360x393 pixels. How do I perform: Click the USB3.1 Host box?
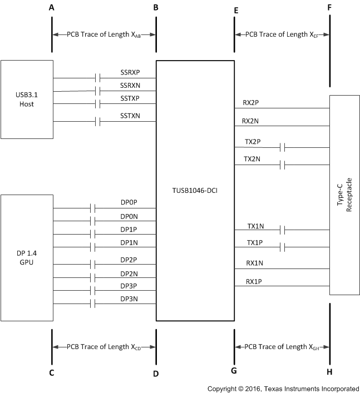(x=27, y=99)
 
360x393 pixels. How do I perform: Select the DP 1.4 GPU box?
(x=27, y=257)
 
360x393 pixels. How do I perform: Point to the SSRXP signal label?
(x=130, y=73)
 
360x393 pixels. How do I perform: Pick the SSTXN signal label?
(x=130, y=116)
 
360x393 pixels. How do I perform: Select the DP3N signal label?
(x=129, y=299)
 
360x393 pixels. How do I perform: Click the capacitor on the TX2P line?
(x=283, y=147)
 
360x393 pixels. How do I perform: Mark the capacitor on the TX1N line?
(x=283, y=229)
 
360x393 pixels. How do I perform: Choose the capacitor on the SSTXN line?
(x=98, y=122)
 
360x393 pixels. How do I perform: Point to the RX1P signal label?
(x=254, y=282)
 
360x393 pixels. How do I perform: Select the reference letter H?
(x=330, y=372)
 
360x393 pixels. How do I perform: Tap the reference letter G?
(x=234, y=371)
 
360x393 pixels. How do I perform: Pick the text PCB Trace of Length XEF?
(x=282, y=34)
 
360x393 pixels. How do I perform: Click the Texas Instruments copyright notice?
(x=283, y=388)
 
